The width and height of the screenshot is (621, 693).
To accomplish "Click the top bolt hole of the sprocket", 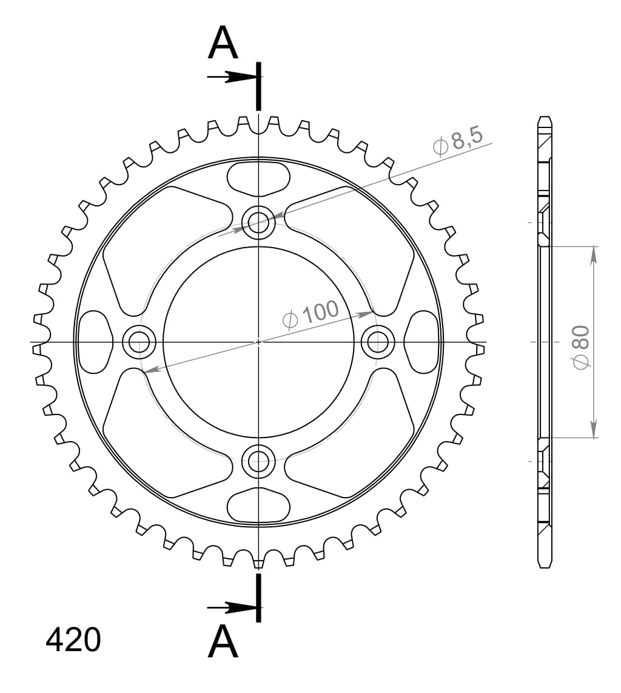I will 258,223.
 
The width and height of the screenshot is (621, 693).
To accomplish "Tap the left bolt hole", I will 139,342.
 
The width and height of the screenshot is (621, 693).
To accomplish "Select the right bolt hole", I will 378,342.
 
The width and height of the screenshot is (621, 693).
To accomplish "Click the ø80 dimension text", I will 580,346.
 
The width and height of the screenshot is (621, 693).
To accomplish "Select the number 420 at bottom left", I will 73,640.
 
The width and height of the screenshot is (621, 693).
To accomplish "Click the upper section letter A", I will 223,44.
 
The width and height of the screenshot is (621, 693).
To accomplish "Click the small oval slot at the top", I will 258,178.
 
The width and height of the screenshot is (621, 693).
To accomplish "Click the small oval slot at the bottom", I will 258,505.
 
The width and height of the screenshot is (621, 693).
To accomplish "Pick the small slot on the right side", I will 422,342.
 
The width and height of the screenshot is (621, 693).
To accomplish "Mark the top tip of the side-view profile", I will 545,118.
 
